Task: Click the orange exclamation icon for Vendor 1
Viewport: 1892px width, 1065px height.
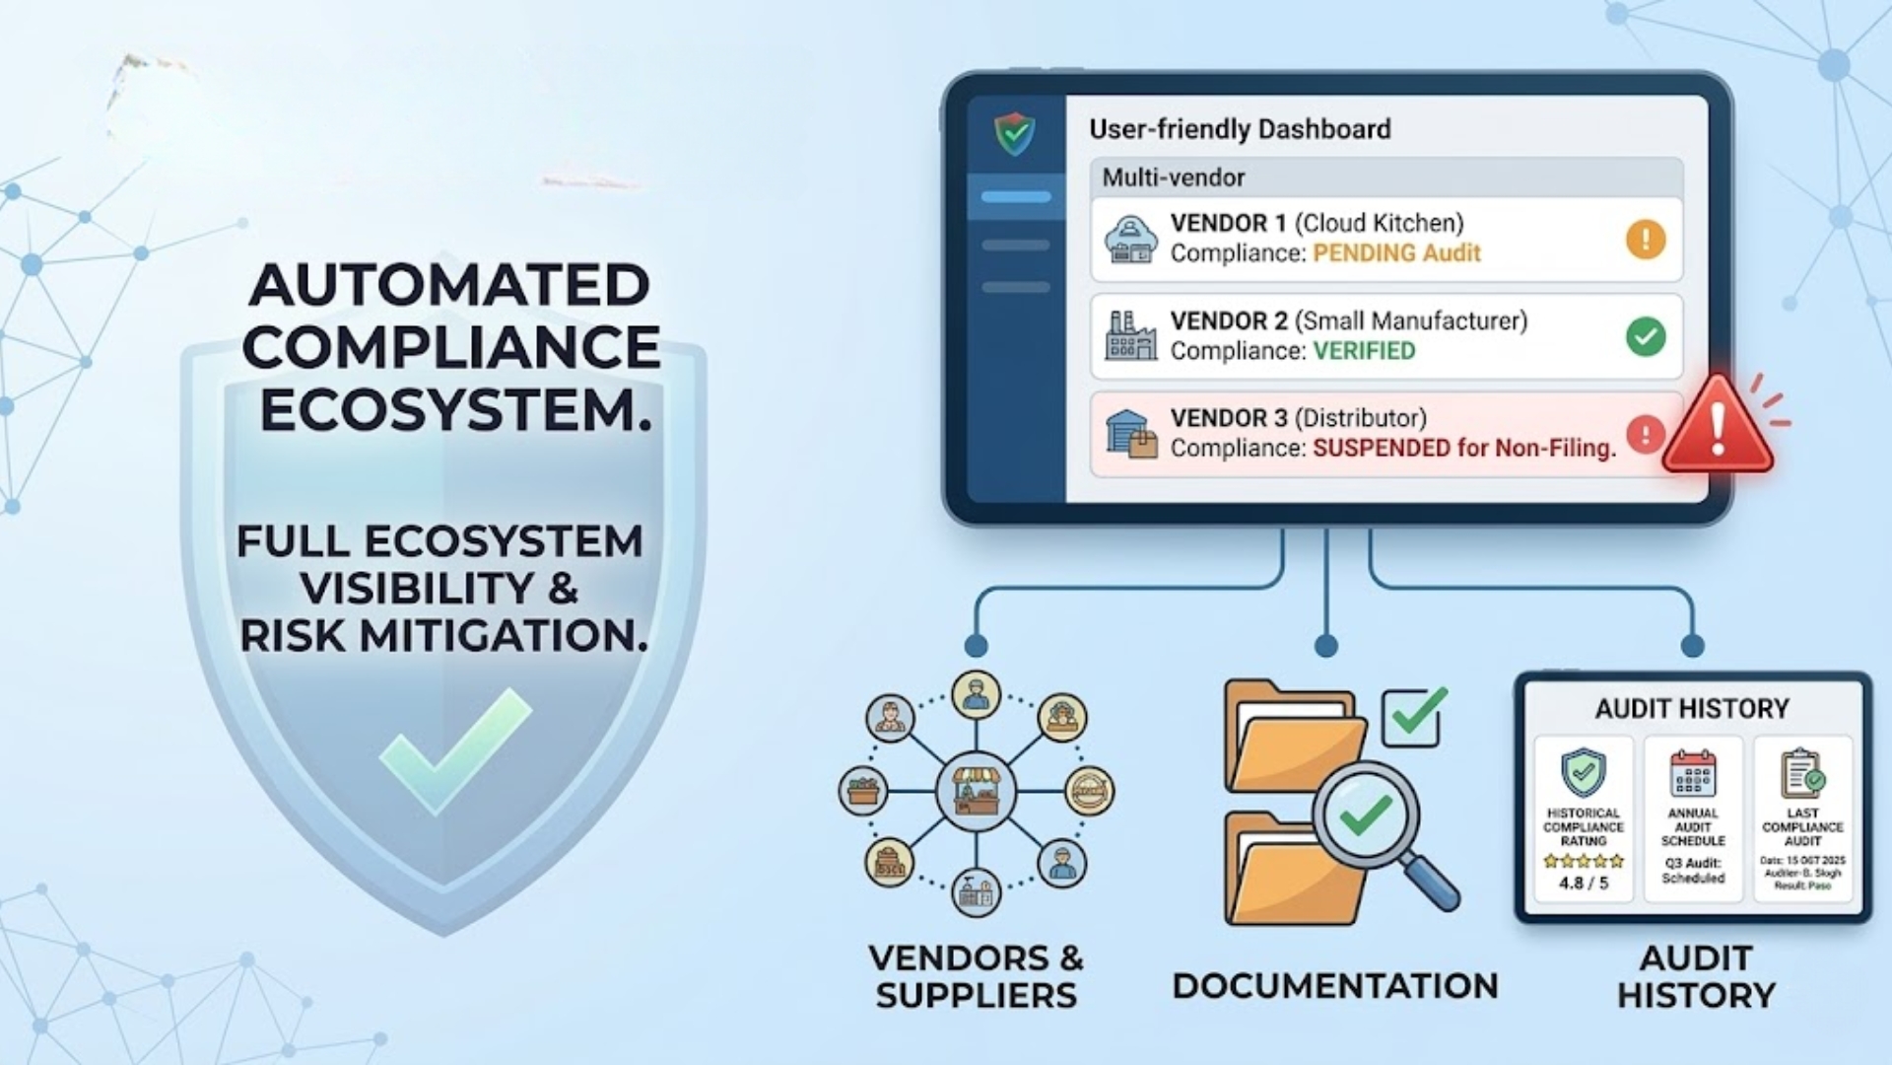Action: [x=1645, y=240]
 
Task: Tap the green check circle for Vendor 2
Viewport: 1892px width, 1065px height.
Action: [x=1645, y=337]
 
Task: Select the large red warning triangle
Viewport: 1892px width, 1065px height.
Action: [x=1718, y=427]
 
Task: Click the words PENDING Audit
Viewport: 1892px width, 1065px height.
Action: [x=1396, y=253]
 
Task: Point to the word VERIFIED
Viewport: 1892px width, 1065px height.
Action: [x=1364, y=351]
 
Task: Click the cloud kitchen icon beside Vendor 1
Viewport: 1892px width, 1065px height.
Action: [x=1130, y=240]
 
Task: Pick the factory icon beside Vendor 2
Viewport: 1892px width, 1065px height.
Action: [x=1130, y=336]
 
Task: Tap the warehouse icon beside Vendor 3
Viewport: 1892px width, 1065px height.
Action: [x=1130, y=434]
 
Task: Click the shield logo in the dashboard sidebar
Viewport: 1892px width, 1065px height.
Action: [x=1014, y=134]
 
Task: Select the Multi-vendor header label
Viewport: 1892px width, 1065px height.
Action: [x=1173, y=177]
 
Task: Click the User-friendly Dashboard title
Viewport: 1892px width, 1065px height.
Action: [x=1240, y=129]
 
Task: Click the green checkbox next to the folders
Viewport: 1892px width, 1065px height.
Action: [x=1414, y=717]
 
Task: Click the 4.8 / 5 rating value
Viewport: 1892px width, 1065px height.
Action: [x=1583, y=884]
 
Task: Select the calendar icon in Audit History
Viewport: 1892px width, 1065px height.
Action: [x=1693, y=773]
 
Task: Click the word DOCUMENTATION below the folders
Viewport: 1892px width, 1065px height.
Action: [x=1335, y=986]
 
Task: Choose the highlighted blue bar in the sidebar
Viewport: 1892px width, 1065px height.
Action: [x=1016, y=197]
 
